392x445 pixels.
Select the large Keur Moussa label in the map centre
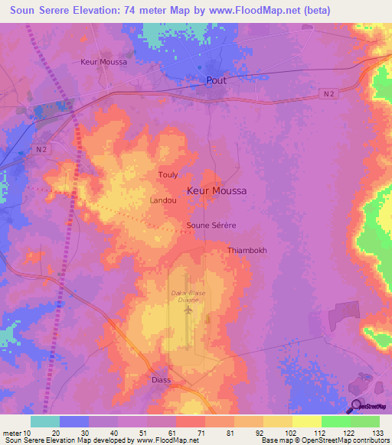217,191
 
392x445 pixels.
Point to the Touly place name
168,175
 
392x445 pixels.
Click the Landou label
164,200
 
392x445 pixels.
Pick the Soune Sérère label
211,226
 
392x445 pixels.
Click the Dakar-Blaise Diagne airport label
188,297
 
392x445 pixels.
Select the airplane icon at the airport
188,311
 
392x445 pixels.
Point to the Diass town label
160,379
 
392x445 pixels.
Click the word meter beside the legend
12,433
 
